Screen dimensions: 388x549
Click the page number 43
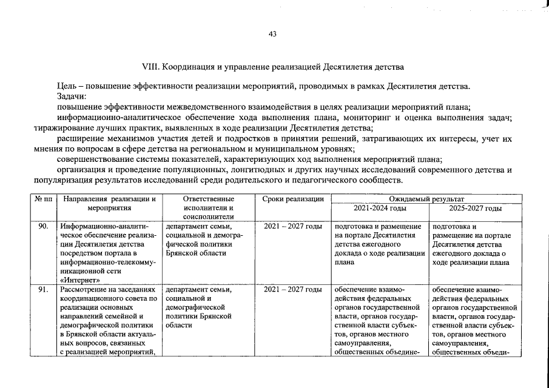tap(272, 34)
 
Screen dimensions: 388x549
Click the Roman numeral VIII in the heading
tap(149, 64)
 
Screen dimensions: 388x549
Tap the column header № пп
tap(42, 199)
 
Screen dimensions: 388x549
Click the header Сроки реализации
tap(293, 199)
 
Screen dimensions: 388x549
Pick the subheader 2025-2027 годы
tap(475, 208)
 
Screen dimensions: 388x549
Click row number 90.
tap(42, 226)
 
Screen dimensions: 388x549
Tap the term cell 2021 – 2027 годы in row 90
tap(293, 226)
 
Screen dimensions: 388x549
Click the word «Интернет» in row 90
tap(79, 280)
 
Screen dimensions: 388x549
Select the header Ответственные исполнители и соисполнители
tap(208, 207)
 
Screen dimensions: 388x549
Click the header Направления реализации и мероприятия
tap(109, 203)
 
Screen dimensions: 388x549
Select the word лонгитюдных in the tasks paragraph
tap(264, 170)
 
